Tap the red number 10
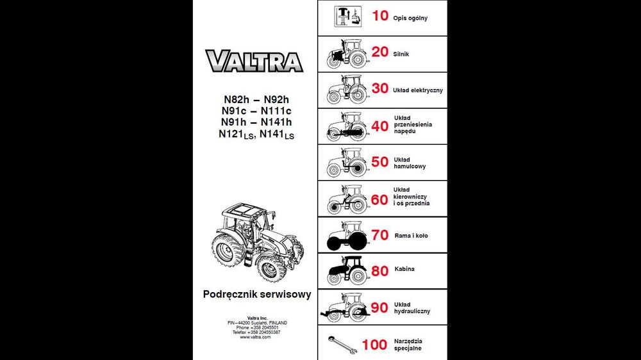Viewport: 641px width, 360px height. click(x=380, y=16)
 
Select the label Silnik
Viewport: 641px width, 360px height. click(x=401, y=54)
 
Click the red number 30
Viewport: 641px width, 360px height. click(x=380, y=89)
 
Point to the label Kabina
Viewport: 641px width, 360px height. click(x=405, y=270)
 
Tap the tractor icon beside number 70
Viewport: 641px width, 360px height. click(x=347, y=235)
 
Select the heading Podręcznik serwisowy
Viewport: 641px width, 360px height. click(x=257, y=295)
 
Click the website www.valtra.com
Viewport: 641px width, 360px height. click(x=255, y=337)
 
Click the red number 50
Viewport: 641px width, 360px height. click(x=380, y=162)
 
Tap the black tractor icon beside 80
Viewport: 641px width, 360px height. click(x=347, y=270)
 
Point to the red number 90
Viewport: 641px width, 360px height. click(x=379, y=308)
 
